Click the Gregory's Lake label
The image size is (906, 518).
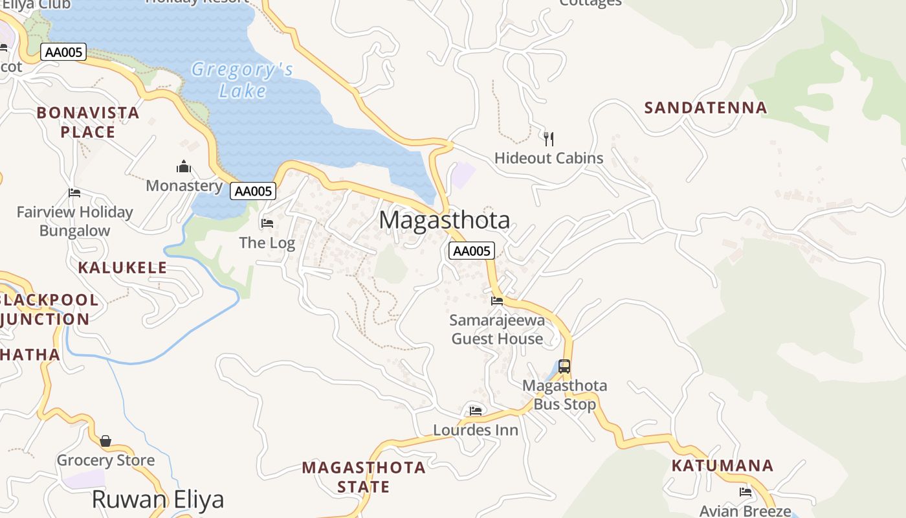243,80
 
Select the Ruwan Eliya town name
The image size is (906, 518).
158,499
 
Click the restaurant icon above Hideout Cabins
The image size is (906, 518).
549,138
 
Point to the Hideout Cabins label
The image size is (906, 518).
549,158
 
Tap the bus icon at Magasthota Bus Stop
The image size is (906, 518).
564,366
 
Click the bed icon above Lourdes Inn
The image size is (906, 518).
476,411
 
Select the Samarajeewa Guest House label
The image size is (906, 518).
497,330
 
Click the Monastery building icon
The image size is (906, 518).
184,167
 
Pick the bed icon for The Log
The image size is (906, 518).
267,223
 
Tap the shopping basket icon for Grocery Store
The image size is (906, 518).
105,441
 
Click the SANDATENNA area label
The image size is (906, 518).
705,107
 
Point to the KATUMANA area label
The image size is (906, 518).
722,466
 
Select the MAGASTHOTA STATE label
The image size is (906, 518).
364,477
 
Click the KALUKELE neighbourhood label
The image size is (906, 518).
122,267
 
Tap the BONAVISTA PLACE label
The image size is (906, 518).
88,122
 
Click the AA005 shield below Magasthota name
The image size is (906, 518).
472,251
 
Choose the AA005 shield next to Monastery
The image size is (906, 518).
253,191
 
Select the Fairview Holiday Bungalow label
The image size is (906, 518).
74,221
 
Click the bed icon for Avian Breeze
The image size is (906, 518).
746,492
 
